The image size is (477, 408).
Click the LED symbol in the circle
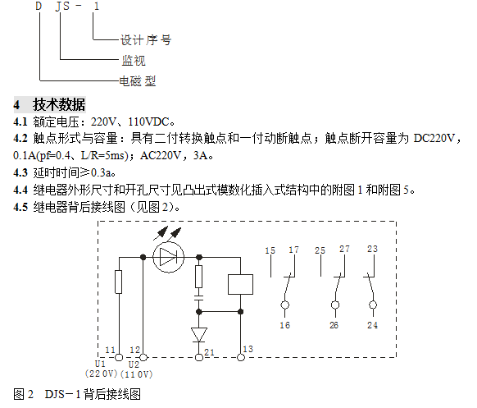pyautogui.click(x=168, y=257)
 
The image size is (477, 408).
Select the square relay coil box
pyautogui.click(x=240, y=284)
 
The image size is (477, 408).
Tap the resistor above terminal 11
pyautogui.click(x=119, y=282)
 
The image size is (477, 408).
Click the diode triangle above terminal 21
pyautogui.click(x=199, y=335)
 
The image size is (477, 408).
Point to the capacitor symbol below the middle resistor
pyautogui.click(x=198, y=298)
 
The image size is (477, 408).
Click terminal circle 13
pyautogui.click(x=241, y=357)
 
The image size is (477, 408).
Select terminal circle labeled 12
pyautogui.click(x=143, y=357)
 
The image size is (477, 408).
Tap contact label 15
pyautogui.click(x=270, y=250)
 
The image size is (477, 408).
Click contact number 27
pyautogui.click(x=344, y=249)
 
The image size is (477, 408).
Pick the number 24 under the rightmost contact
pyautogui.click(x=372, y=325)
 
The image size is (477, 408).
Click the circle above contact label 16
pyautogui.click(x=284, y=305)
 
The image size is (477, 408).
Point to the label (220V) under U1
pyautogui.click(x=102, y=374)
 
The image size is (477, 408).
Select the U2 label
pyautogui.click(x=134, y=364)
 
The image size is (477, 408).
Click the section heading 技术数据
pyautogui.click(x=59, y=104)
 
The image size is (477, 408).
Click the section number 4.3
pyautogui.click(x=20, y=172)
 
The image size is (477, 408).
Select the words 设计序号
pyautogui.click(x=146, y=40)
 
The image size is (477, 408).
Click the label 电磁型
pyautogui.click(x=138, y=81)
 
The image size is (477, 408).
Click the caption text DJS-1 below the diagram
pyautogui.click(x=62, y=394)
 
